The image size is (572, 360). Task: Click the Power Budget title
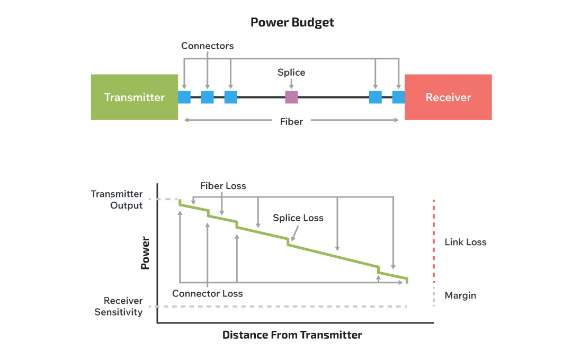pos(292,23)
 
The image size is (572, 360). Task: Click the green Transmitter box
pos(134,97)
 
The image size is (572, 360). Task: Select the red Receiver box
pos(448,97)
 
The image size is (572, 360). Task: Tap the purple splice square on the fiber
pos(291,97)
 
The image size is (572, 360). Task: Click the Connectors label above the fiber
pos(207,46)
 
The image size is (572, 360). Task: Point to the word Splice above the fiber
pos(291,73)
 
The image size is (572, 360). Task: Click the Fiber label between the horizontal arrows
pos(291,122)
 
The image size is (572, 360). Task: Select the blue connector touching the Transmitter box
pos(184,97)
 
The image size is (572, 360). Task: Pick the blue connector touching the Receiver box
pos(398,97)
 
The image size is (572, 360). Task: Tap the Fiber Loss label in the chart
pos(223,186)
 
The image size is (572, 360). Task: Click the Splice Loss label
pos(298,218)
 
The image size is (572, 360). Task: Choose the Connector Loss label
pos(208,294)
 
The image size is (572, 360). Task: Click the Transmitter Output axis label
pos(117,200)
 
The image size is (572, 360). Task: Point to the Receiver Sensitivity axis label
pos(119,307)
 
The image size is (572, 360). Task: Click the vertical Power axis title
pos(146,253)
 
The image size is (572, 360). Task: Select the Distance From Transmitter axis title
pos(292,335)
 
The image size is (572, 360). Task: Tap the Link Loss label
pos(466,242)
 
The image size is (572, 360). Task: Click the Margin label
pos(460,295)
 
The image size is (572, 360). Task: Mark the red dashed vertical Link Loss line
pos(434,241)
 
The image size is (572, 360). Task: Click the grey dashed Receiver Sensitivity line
pos(281,307)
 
